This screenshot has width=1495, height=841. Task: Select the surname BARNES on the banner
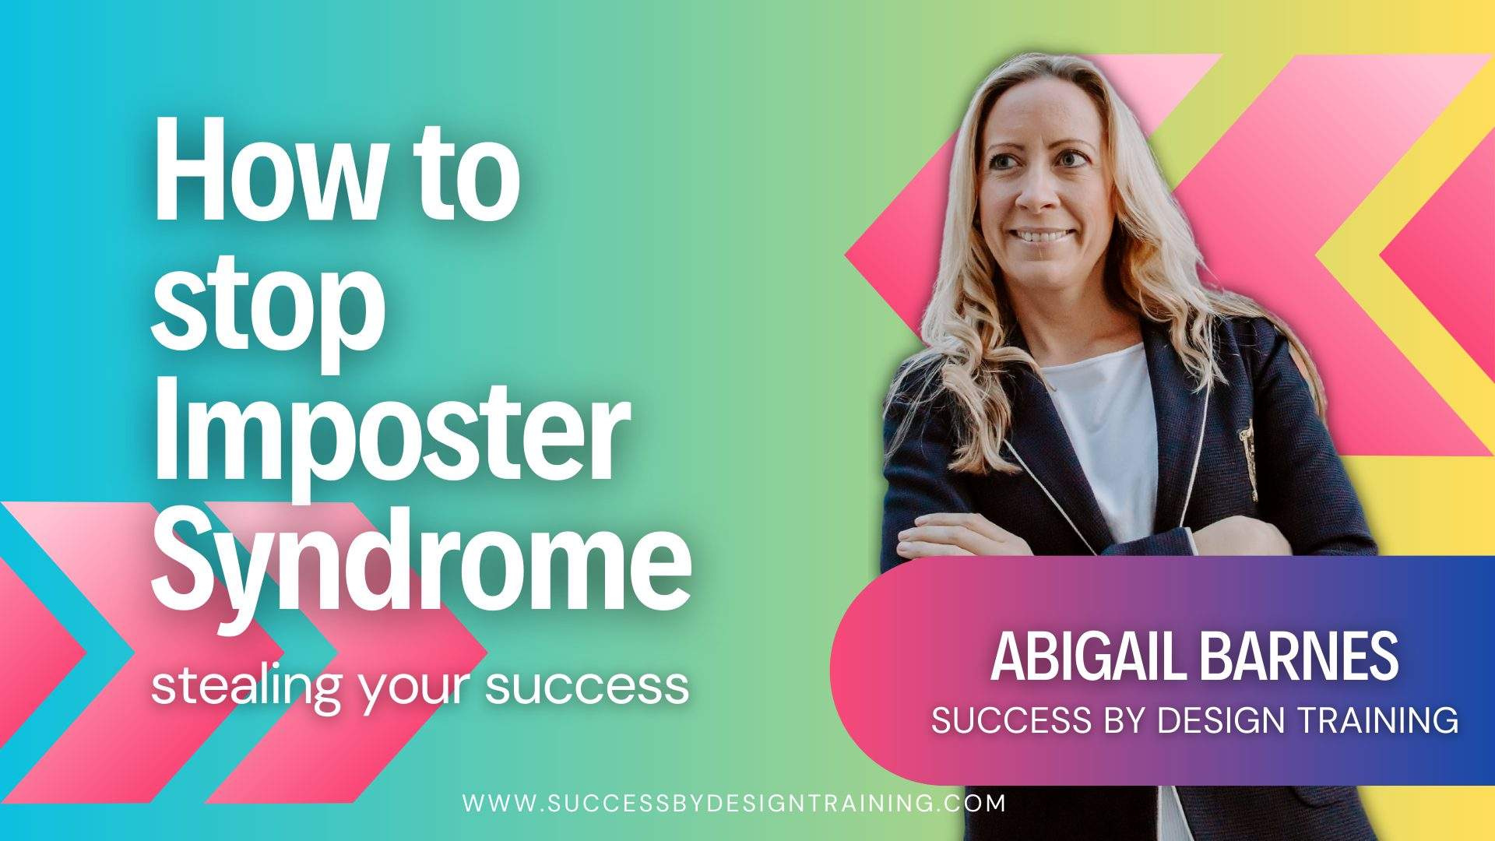pyautogui.click(x=1299, y=656)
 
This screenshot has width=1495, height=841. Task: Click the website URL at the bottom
pyautogui.click(x=733, y=803)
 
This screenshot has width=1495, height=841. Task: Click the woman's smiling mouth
pyautogui.click(x=1041, y=235)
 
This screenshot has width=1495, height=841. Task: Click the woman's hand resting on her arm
pyautogui.click(x=958, y=537)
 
